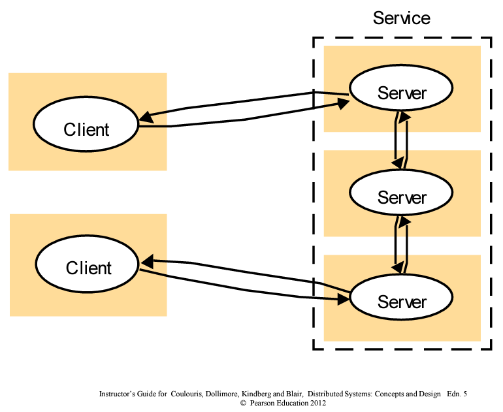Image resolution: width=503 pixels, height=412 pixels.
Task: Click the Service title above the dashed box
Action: point(401,18)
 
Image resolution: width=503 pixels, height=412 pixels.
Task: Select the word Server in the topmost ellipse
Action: point(401,93)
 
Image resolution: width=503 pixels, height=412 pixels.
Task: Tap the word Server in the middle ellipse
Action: point(401,197)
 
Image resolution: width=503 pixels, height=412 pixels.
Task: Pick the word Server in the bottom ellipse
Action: point(401,302)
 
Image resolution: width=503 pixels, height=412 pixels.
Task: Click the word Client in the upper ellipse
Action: point(86,129)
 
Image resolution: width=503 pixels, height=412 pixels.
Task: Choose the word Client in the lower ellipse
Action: point(88,268)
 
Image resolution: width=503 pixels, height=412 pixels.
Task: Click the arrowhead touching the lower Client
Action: point(147,262)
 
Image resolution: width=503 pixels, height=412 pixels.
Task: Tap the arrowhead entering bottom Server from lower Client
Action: point(342,300)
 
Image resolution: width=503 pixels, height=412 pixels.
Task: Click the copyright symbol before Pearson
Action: point(243,404)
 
